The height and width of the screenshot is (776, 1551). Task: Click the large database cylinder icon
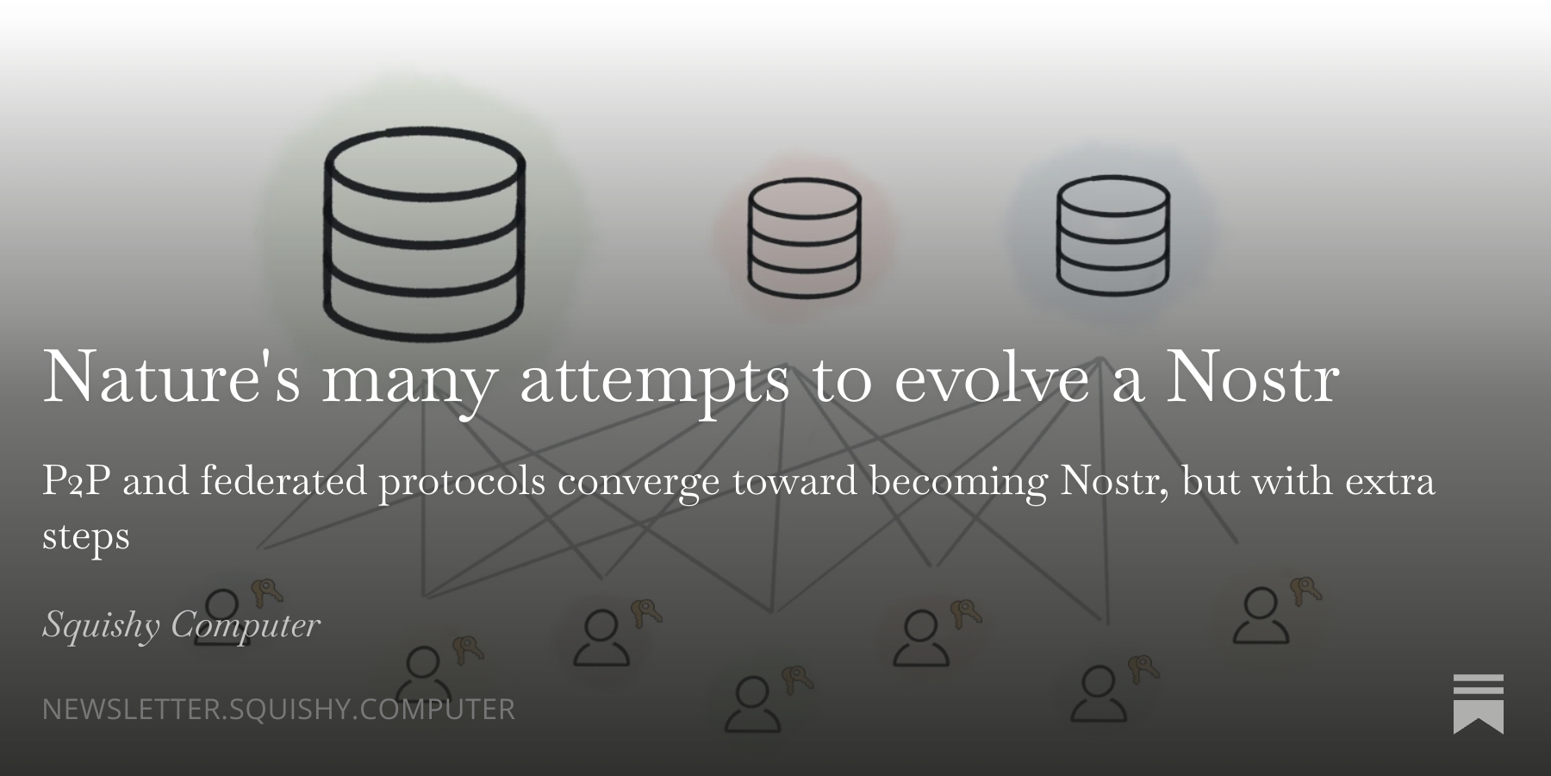(x=424, y=234)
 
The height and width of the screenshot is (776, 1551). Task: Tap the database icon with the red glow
(x=804, y=238)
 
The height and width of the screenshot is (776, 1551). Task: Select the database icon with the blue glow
(x=1112, y=235)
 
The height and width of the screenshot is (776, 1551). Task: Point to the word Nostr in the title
(x=1252, y=376)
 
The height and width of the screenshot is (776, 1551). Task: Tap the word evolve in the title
(x=992, y=376)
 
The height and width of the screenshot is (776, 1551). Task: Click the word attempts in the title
(x=655, y=380)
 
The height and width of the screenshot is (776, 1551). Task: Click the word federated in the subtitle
(x=283, y=480)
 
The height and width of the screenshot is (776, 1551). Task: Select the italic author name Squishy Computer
(x=181, y=624)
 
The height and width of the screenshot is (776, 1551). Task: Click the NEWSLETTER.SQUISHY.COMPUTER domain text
(x=278, y=709)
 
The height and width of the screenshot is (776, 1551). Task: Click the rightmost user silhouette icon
(x=1261, y=616)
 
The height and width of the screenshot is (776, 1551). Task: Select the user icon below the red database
(x=752, y=704)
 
